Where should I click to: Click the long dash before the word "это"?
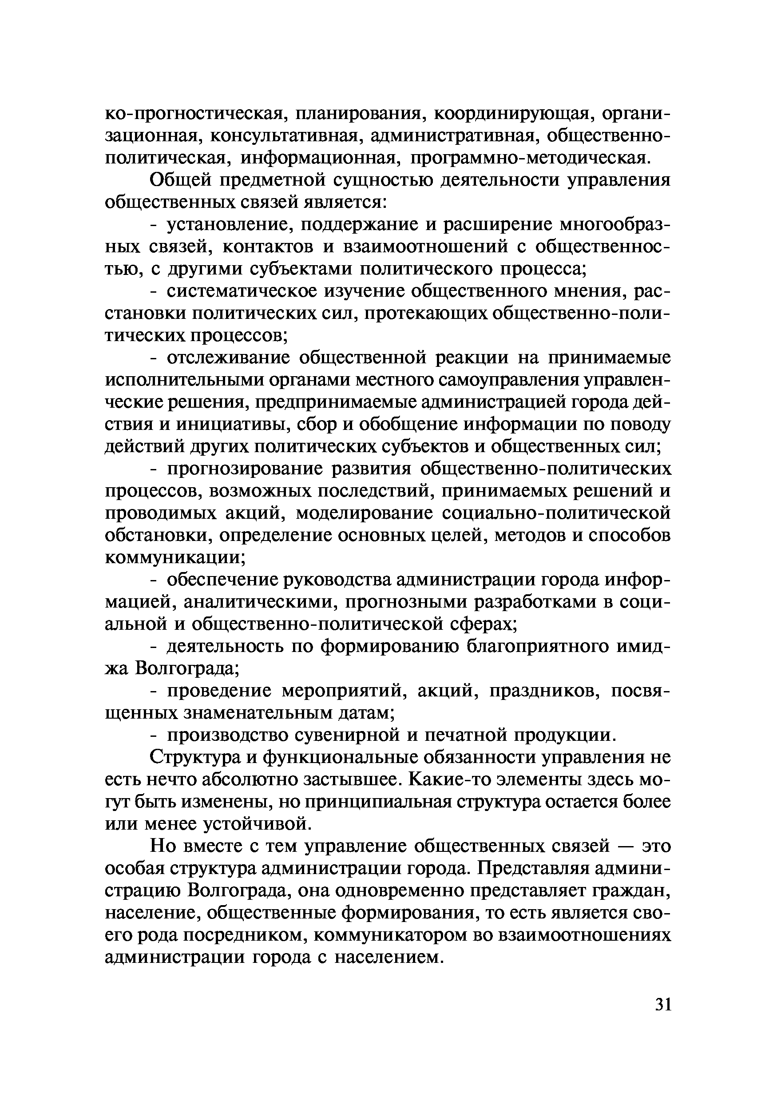(x=626, y=847)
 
